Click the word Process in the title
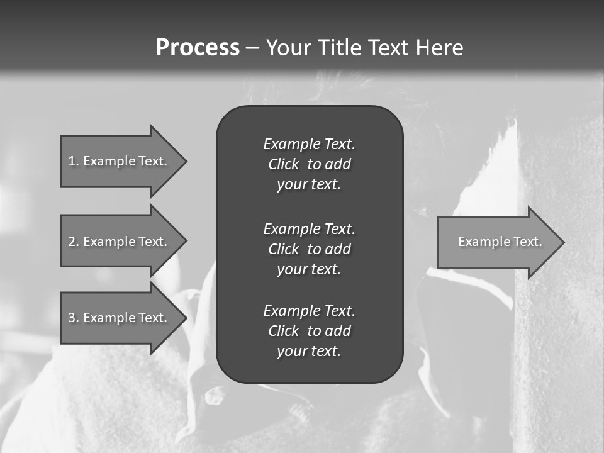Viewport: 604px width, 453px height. pos(198,48)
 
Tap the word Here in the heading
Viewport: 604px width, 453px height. pos(440,48)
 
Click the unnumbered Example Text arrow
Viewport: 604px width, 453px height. pos(500,242)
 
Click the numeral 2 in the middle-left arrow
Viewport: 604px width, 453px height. pos(72,242)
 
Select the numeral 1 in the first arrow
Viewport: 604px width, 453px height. pos(72,161)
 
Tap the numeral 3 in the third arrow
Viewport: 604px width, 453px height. pos(72,318)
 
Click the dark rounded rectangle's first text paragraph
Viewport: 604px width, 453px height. pos(309,164)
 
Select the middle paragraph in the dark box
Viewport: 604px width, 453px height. pos(309,249)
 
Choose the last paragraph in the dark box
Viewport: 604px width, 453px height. pos(309,331)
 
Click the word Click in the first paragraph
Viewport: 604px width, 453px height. pos(284,165)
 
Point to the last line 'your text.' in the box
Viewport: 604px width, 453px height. pos(309,352)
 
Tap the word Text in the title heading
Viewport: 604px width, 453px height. pos(388,48)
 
